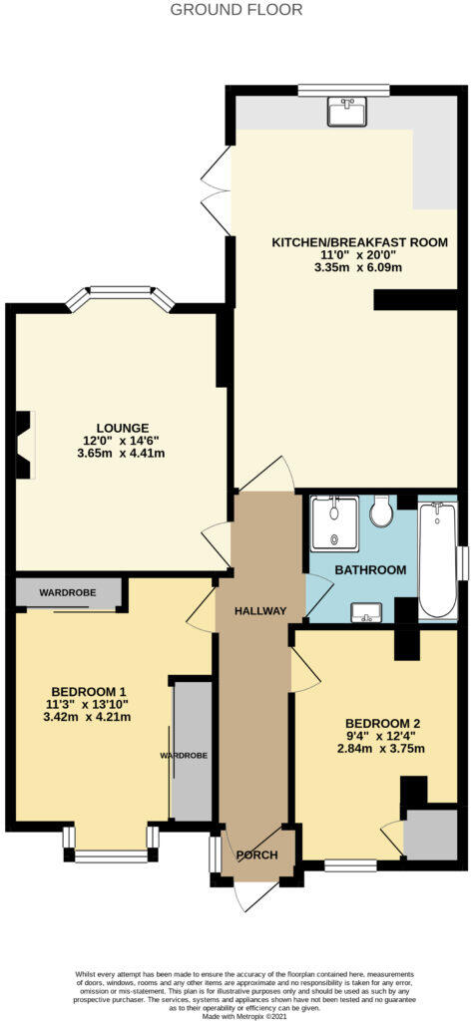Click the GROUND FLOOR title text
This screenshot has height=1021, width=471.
[235, 10]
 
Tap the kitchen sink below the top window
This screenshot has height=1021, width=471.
[346, 113]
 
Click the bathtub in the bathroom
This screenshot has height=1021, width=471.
[436, 560]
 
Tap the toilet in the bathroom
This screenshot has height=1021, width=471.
[379, 512]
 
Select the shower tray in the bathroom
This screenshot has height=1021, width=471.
[333, 523]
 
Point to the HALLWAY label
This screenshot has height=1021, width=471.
[260, 610]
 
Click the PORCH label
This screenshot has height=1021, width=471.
[256, 855]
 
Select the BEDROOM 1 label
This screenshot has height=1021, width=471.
[89, 691]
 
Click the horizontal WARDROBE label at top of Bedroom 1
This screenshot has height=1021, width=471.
[68, 592]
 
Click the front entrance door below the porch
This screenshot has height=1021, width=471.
[249, 895]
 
